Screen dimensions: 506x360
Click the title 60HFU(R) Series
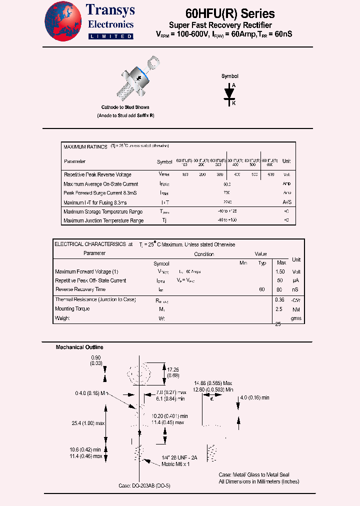point(230,13)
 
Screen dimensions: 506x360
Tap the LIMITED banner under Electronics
point(110,36)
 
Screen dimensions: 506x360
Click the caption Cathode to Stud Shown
point(125,107)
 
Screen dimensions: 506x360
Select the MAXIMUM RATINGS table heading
point(85,147)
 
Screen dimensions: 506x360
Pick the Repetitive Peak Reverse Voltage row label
point(97,174)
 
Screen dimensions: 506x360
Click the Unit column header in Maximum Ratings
point(286,161)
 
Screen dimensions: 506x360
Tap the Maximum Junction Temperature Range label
point(103,220)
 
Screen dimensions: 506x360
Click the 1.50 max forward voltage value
point(280,271)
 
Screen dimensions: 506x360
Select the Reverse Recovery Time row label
point(80,289)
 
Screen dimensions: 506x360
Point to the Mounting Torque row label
point(72,308)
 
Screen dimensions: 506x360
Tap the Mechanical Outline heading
point(79,347)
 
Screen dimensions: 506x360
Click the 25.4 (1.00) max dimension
point(87,423)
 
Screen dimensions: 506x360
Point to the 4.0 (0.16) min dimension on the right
point(255,397)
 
